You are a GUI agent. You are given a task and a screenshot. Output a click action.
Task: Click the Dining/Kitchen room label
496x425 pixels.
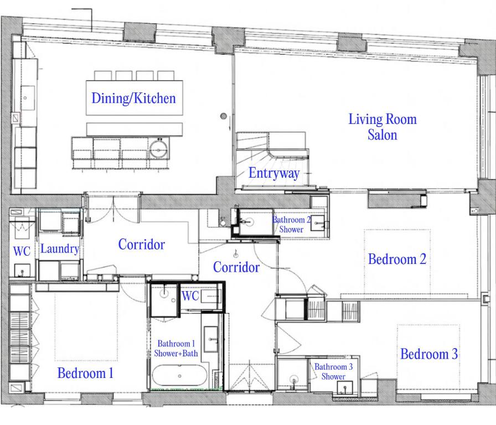(133, 98)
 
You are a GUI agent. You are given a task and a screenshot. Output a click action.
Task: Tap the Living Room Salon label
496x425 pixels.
(383, 127)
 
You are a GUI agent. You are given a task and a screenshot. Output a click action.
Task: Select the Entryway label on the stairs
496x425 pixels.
(274, 173)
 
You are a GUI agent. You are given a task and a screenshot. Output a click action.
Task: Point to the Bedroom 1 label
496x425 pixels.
(85, 373)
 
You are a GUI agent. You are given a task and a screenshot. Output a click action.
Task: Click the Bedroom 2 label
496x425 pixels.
(397, 259)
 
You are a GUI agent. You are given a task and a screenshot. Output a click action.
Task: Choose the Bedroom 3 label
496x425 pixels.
(429, 354)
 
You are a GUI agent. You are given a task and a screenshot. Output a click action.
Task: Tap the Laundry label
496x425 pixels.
(60, 248)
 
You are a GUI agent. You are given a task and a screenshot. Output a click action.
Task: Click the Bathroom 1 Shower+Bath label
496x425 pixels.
(176, 348)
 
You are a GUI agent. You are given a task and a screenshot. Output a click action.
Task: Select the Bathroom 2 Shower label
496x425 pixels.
(291, 224)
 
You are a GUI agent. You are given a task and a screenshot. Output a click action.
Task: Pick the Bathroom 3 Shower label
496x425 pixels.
(333, 371)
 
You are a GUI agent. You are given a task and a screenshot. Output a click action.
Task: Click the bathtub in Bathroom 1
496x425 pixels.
(179, 376)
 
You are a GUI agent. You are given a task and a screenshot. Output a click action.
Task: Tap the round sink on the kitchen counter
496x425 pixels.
(159, 149)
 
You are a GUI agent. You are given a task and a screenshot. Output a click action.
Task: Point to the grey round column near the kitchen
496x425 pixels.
(223, 116)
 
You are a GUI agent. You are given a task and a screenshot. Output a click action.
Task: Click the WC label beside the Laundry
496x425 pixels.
(22, 251)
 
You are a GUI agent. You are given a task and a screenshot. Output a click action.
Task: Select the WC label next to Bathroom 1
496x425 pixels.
(190, 296)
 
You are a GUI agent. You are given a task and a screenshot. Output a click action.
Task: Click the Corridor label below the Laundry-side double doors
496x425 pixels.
(141, 245)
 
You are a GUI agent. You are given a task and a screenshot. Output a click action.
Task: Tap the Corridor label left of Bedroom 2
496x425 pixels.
(236, 267)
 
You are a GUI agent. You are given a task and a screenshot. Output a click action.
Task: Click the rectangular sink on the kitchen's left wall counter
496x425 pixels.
(28, 98)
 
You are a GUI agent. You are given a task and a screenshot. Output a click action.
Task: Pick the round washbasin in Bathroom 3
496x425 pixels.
(294, 380)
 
